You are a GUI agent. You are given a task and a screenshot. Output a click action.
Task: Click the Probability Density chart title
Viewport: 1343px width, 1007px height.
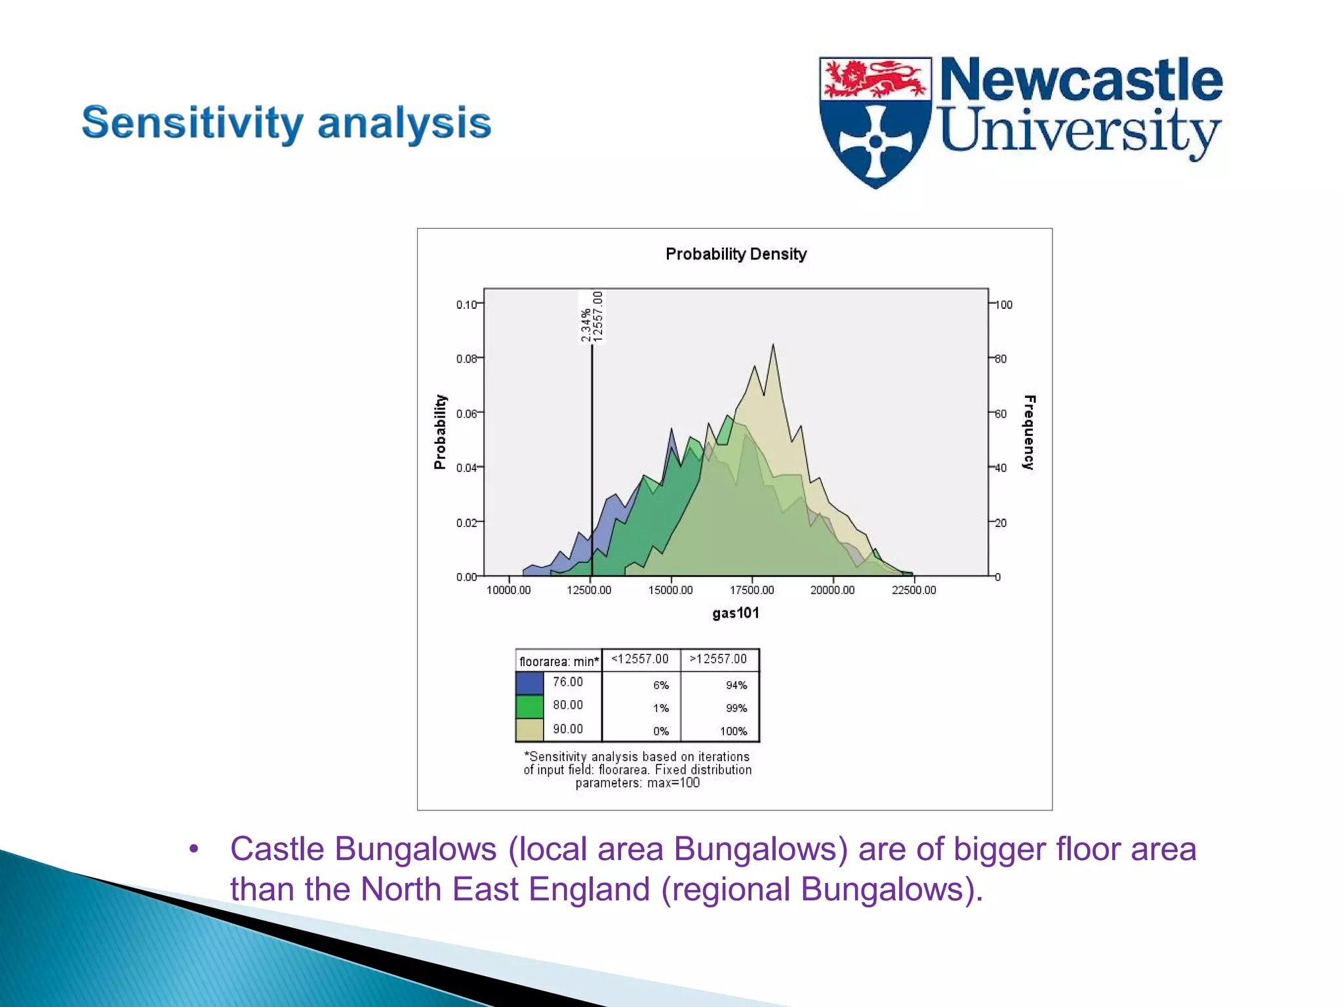click(736, 254)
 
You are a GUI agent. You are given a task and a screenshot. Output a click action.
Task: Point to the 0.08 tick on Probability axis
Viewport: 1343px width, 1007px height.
click(467, 359)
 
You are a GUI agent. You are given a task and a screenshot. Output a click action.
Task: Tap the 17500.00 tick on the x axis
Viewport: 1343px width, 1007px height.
click(752, 590)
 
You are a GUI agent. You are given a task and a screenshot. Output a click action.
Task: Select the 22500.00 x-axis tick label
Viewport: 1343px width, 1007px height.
click(913, 590)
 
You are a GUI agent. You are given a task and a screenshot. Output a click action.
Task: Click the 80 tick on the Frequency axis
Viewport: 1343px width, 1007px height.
click(1001, 359)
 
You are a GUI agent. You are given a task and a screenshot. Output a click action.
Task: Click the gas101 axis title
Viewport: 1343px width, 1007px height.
click(736, 613)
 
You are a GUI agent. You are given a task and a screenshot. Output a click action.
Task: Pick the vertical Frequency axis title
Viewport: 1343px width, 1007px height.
click(1029, 432)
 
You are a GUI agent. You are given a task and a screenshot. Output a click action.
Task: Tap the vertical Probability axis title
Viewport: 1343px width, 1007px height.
click(440, 432)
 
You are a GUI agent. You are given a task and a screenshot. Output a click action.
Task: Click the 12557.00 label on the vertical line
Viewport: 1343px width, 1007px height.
click(597, 317)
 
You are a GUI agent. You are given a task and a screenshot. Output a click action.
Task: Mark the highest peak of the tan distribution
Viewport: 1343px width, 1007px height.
click(773, 346)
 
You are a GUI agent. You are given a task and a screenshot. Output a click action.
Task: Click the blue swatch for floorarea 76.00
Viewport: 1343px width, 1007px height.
click(530, 683)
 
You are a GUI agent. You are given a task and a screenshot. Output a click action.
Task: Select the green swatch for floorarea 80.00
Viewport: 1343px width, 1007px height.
click(530, 707)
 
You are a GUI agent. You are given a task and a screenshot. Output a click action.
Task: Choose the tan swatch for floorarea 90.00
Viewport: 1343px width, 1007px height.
click(530, 730)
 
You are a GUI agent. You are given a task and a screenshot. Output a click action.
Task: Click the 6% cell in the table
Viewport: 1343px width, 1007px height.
click(660, 685)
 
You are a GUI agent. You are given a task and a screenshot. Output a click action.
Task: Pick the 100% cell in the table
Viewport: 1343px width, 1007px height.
click(733, 731)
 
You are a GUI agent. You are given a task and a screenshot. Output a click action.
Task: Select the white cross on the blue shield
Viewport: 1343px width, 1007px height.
click(875, 141)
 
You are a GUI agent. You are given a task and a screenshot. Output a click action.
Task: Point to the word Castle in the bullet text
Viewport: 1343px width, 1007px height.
click(277, 849)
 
